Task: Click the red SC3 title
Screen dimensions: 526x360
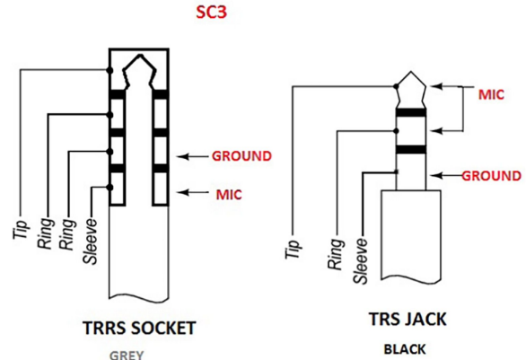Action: point(211,12)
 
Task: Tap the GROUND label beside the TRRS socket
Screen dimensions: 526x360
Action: point(241,156)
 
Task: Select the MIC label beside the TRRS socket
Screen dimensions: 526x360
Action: point(229,195)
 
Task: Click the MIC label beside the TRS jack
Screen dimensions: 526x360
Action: point(491,94)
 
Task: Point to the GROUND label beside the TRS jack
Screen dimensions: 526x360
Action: point(492,176)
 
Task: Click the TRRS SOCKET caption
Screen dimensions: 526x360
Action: point(139,328)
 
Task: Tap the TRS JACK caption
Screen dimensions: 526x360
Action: point(408,319)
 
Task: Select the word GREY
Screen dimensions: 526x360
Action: point(127,355)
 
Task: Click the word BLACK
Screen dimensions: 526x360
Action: point(405,349)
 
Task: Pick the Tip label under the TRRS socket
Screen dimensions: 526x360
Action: point(20,230)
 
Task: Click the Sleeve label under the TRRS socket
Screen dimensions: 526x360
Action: point(91,241)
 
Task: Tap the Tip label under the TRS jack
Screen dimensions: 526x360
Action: point(293,250)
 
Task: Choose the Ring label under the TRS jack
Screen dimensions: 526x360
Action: point(336,254)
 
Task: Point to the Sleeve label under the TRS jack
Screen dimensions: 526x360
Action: point(362,261)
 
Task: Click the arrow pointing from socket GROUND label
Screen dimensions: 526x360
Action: point(193,156)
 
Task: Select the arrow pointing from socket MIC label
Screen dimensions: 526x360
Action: point(193,192)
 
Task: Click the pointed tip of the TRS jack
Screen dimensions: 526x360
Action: point(411,72)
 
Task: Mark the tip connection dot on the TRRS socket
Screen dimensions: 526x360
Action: point(110,70)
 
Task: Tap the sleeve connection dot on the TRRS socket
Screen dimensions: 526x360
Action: point(110,188)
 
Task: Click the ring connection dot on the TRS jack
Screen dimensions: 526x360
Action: point(396,131)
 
